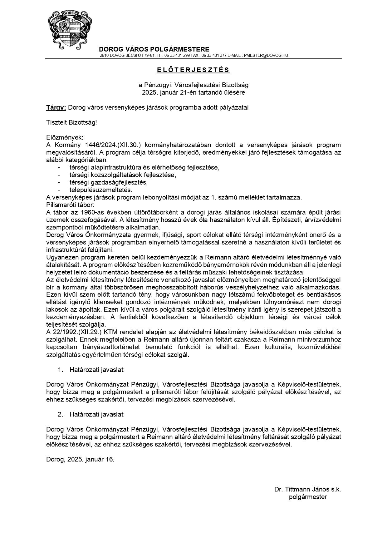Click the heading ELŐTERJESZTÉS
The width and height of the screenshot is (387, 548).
193,70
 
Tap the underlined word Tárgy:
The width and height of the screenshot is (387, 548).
56,107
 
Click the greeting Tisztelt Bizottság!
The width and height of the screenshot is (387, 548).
71,122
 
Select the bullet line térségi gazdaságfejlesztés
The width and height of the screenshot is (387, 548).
108,182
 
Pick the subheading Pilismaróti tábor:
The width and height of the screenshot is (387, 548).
70,205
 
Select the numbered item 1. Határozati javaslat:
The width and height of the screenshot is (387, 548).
91,370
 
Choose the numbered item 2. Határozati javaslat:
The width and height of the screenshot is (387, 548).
91,414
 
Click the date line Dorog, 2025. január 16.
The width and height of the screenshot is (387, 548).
80,459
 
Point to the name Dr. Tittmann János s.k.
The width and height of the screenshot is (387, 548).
307,489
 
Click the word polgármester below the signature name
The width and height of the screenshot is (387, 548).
308,497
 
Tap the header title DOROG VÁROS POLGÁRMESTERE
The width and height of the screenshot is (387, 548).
154,49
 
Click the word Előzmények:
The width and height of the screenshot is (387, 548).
65,137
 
